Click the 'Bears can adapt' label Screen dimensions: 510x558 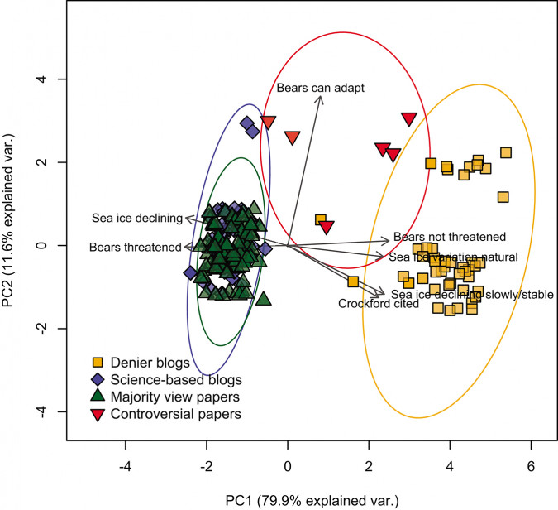320,87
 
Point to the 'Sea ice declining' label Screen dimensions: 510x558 136,218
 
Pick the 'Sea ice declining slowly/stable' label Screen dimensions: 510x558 471,293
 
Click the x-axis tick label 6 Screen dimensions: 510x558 531,465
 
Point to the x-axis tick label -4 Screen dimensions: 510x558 125,465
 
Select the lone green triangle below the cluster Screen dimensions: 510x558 264,298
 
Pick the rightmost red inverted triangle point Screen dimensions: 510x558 408,119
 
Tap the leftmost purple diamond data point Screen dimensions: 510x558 191,272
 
